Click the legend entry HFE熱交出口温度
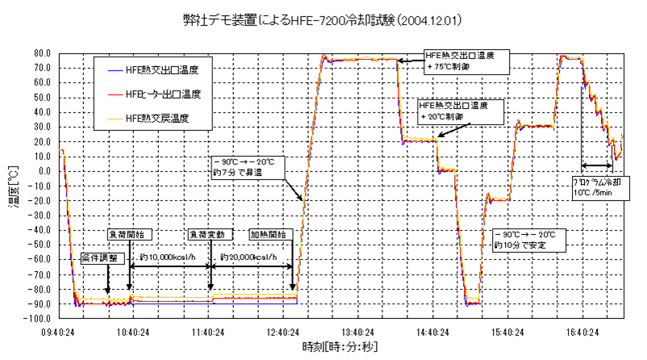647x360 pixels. [x=162, y=70]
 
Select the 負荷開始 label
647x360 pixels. [x=127, y=235]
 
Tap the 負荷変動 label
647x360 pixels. [x=207, y=235]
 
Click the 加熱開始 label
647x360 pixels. [x=267, y=235]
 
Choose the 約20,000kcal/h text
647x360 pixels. [x=253, y=258]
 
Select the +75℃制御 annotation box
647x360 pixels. [x=466, y=61]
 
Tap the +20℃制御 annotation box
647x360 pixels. [x=459, y=111]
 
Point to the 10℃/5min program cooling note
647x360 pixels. [x=597, y=188]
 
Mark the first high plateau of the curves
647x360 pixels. [x=361, y=60]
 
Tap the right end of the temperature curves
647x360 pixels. [x=622, y=136]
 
